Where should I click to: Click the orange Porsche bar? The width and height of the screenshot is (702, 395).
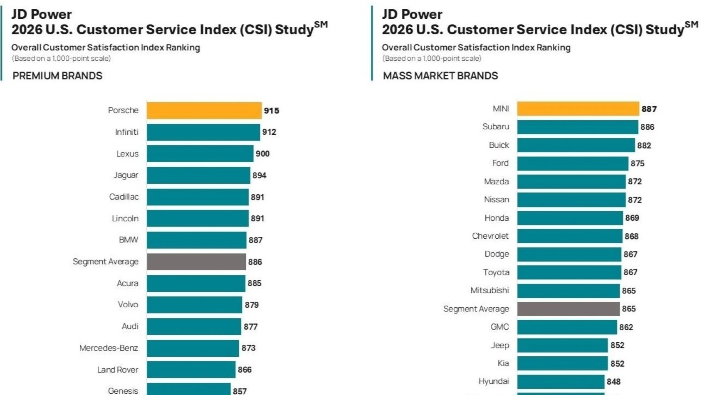(x=204, y=111)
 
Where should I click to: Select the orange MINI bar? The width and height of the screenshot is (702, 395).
(x=578, y=109)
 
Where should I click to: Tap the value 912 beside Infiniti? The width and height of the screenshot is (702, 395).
(x=269, y=132)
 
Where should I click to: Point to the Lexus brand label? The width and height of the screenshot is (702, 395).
(x=127, y=154)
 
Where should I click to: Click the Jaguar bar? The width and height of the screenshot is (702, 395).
(x=198, y=175)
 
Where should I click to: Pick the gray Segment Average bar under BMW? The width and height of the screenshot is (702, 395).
(x=196, y=262)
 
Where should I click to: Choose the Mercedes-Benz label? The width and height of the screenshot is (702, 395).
(x=109, y=348)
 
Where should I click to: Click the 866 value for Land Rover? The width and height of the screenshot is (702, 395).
(x=245, y=370)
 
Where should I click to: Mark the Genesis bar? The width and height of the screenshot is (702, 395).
(x=188, y=390)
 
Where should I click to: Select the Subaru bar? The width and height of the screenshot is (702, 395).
(x=577, y=127)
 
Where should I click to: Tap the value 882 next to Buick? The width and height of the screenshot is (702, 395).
(x=644, y=146)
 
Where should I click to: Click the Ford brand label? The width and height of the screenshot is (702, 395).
(x=500, y=163)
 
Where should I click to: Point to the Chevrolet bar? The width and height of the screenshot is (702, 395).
(x=570, y=236)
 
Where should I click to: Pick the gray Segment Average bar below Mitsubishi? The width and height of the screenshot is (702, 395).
(x=568, y=309)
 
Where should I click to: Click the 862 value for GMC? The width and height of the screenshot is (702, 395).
(x=626, y=327)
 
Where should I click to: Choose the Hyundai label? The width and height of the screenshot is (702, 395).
(x=494, y=381)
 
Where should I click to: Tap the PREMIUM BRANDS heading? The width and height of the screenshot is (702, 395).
(x=57, y=76)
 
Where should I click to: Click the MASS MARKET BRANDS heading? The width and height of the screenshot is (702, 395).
(x=440, y=76)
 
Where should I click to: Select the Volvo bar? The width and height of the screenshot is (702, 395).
(x=194, y=305)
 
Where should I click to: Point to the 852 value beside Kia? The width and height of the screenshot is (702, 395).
(x=617, y=364)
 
